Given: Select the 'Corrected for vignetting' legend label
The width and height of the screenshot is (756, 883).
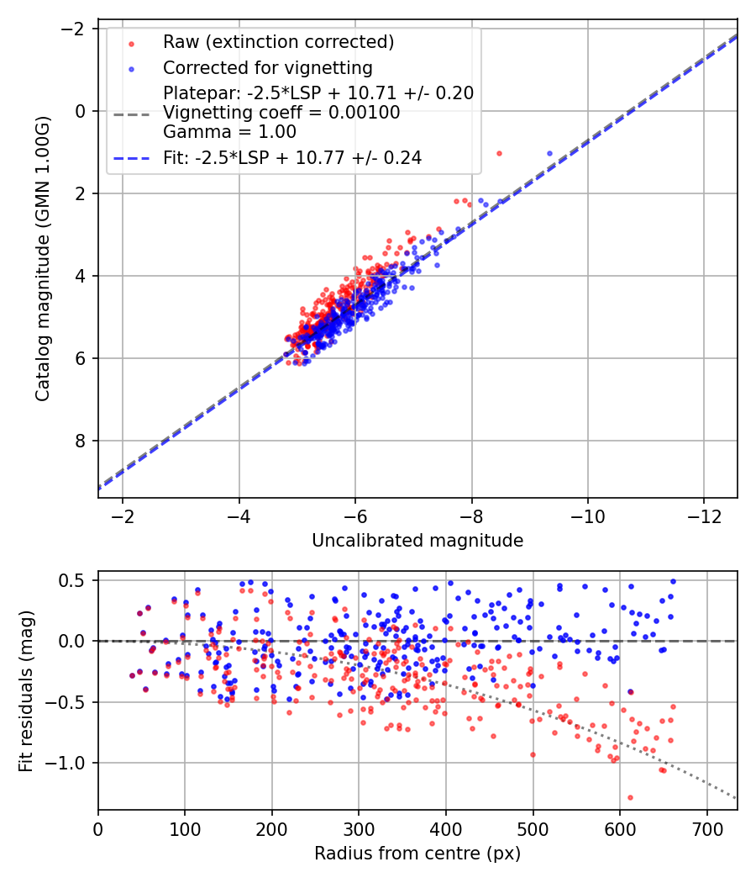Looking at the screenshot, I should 268,67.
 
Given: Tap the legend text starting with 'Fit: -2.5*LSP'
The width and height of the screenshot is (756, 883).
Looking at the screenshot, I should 292,157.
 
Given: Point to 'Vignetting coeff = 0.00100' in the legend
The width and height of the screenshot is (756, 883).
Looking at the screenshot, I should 281,113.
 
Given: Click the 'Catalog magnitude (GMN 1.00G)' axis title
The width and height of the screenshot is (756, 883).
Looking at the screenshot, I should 43,259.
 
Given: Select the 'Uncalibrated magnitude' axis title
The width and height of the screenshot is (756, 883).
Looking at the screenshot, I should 417,541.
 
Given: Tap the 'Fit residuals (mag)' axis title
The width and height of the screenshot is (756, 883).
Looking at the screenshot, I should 26,690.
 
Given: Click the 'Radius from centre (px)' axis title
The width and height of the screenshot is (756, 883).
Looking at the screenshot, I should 417,854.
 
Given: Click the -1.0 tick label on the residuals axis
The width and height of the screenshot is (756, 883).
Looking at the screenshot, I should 70,763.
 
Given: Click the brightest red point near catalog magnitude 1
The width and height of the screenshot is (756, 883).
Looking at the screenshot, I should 499,153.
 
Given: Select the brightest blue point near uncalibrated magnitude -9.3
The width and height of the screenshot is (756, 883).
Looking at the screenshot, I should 550,153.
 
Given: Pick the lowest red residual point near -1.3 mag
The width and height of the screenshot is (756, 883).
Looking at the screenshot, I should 630,797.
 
